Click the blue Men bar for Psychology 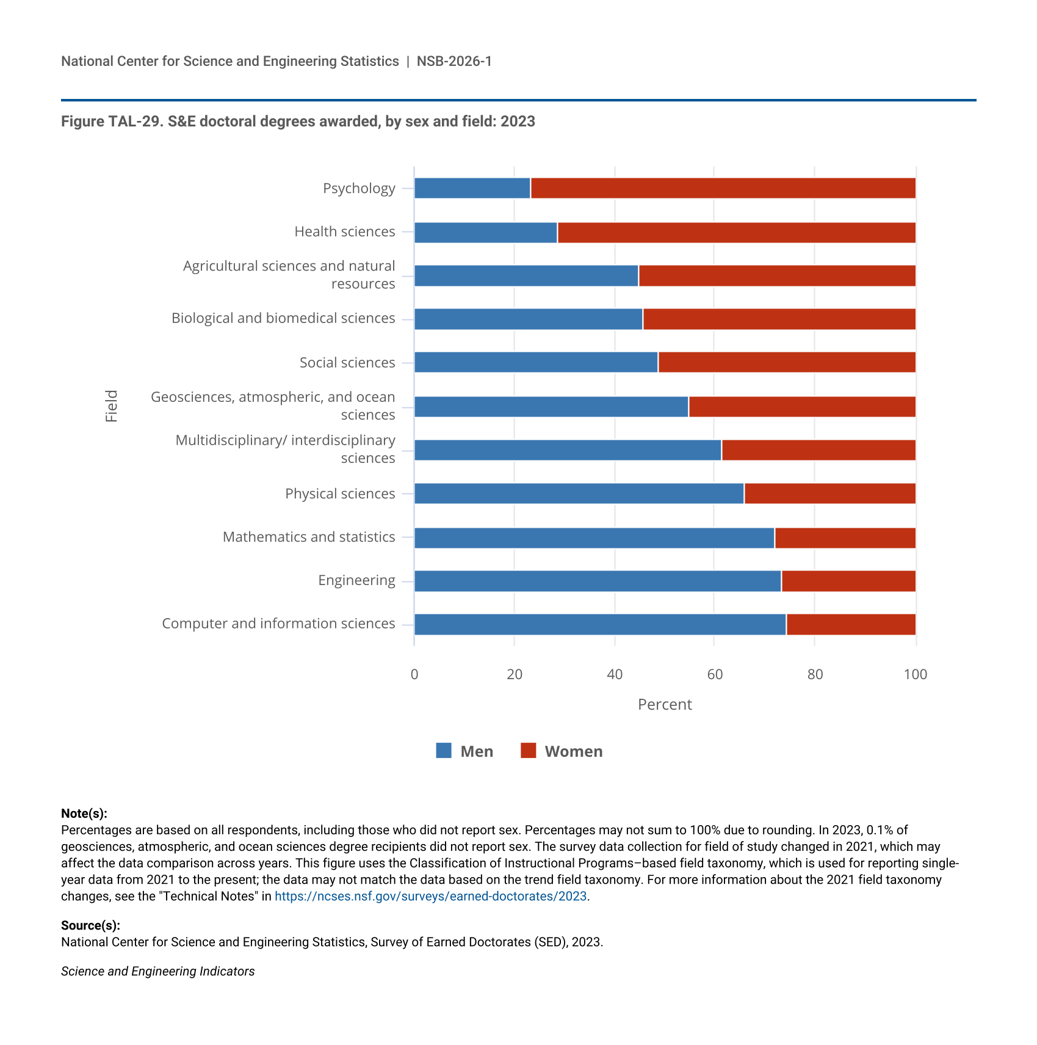pos(472,188)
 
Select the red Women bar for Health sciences pos(736,233)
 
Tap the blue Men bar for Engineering pos(598,581)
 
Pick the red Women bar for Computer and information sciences pos(851,625)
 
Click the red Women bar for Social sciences pos(787,362)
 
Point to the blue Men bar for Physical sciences pos(579,493)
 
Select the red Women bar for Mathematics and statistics pos(845,538)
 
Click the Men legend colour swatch pos(444,751)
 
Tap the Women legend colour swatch pos(528,751)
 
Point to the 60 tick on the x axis pos(715,674)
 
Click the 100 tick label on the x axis pos(915,674)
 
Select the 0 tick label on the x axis pos(414,674)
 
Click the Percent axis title pos(665,704)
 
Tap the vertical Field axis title pos(111,406)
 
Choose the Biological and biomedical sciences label pos(283,318)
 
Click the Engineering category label pos(356,580)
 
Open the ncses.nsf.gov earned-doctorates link pos(430,896)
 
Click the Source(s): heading pos(90,925)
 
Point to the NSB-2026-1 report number pos(454,61)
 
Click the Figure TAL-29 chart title pos(298,121)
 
